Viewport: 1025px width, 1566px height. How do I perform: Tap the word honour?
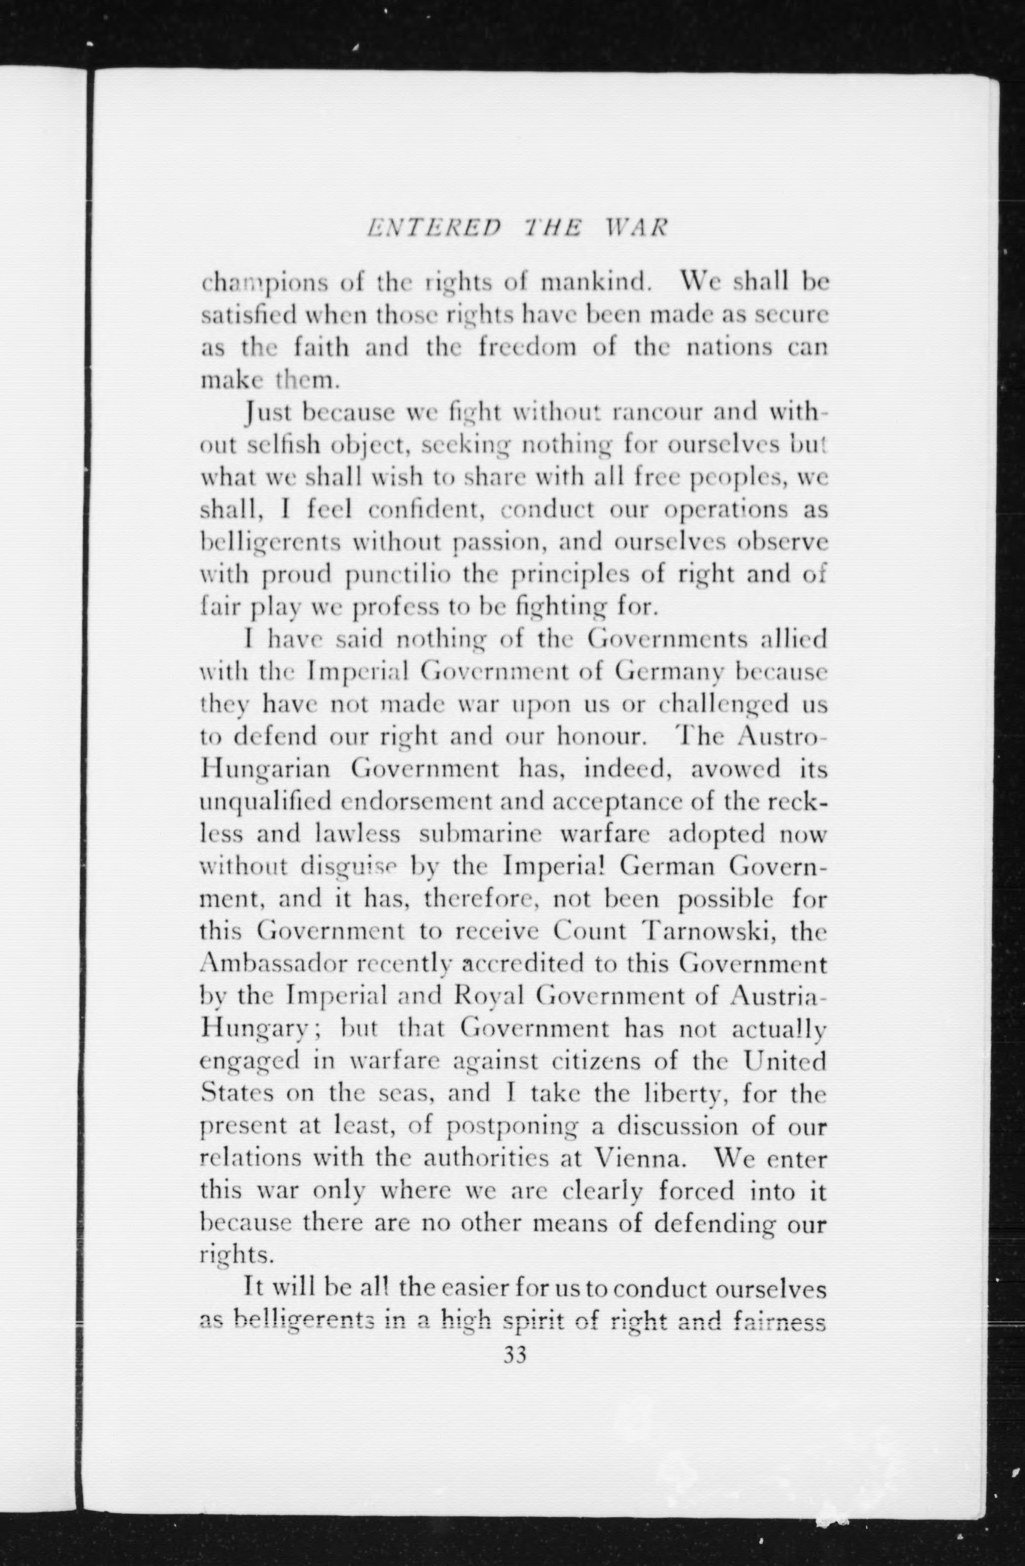point(599,736)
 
